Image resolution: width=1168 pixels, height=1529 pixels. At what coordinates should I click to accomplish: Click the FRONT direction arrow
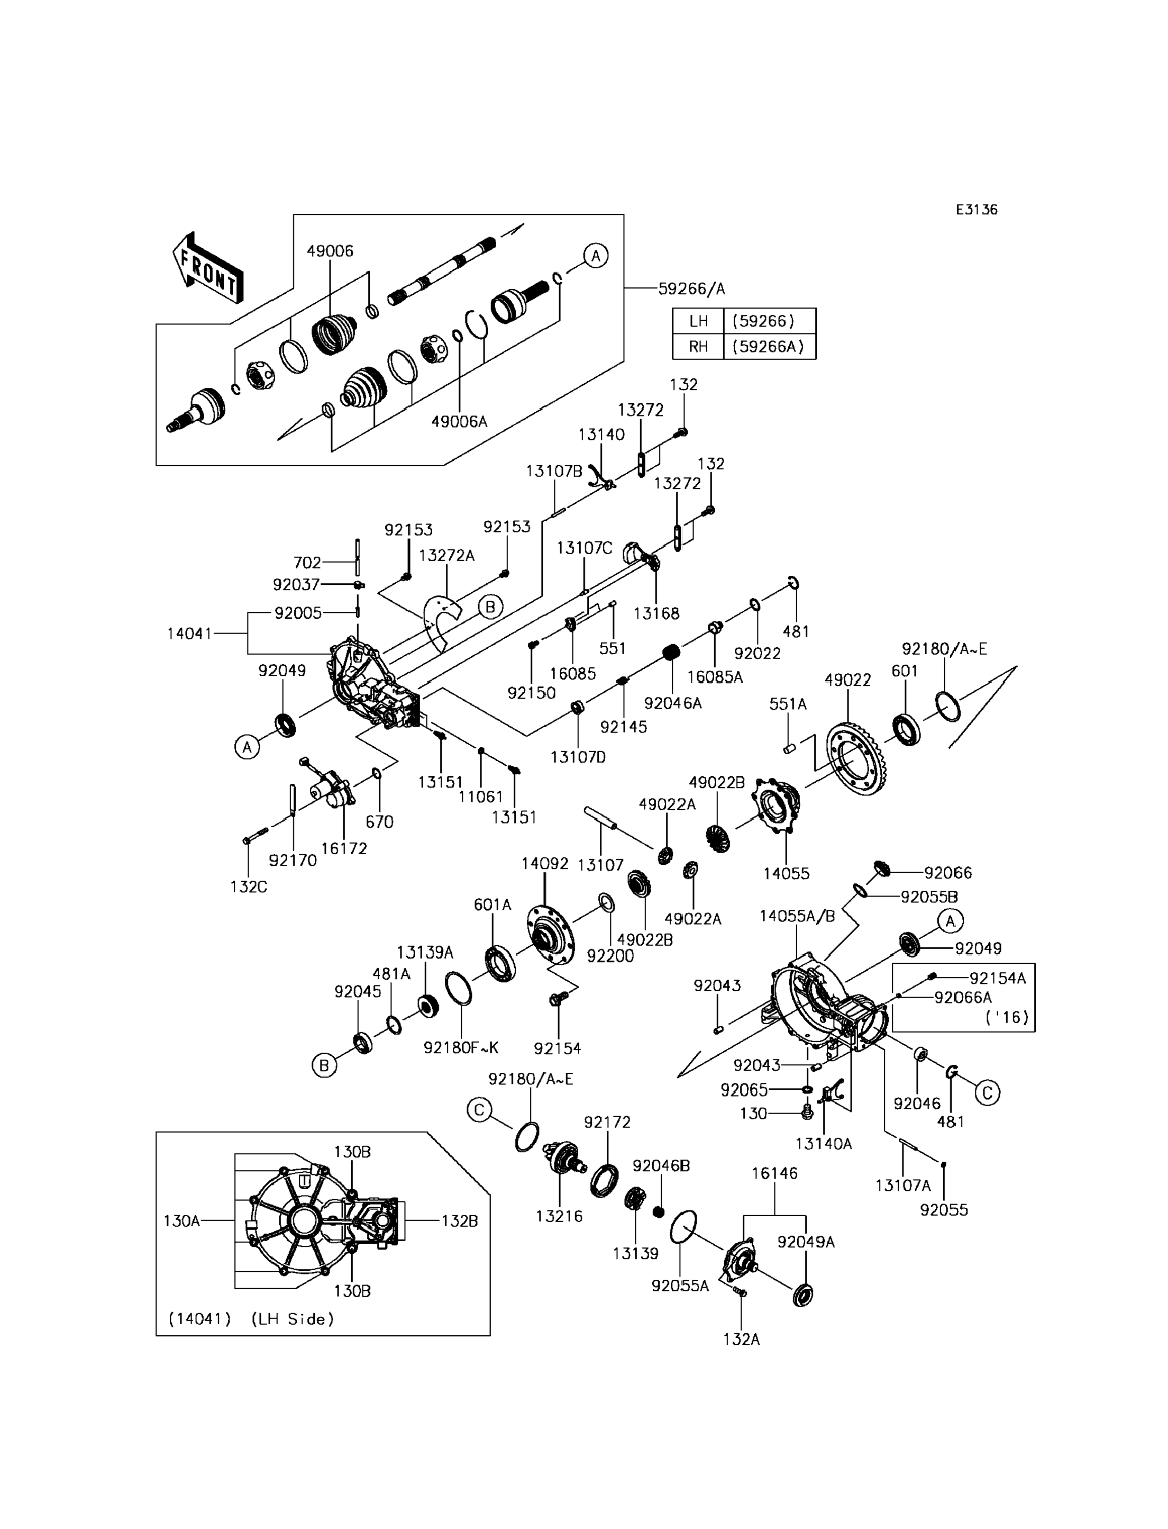click(x=207, y=268)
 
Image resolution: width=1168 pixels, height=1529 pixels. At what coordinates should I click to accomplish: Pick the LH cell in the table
click(x=698, y=321)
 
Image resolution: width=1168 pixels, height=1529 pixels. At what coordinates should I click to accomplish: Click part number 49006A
click(x=459, y=421)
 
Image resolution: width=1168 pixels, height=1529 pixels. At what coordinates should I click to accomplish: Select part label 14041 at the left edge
click(x=189, y=634)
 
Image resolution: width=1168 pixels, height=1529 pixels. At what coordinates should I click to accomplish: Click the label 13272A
click(x=446, y=555)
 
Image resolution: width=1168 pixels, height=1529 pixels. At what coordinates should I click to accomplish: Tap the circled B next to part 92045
click(x=324, y=1065)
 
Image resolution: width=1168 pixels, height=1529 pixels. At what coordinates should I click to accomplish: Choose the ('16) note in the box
click(x=1007, y=1017)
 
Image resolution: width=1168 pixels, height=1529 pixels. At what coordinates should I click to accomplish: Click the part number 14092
click(x=545, y=864)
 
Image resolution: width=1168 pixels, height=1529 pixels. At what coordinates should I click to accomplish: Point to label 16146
click(x=774, y=1173)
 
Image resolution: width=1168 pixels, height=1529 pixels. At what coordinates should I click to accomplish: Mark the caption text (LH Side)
click(x=292, y=1319)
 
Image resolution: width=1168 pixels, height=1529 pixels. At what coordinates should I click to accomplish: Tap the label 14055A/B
click(x=797, y=916)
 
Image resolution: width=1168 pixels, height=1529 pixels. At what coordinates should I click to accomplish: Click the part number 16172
click(x=344, y=848)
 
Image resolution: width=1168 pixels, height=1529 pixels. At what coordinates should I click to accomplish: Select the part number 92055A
click(x=680, y=1286)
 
